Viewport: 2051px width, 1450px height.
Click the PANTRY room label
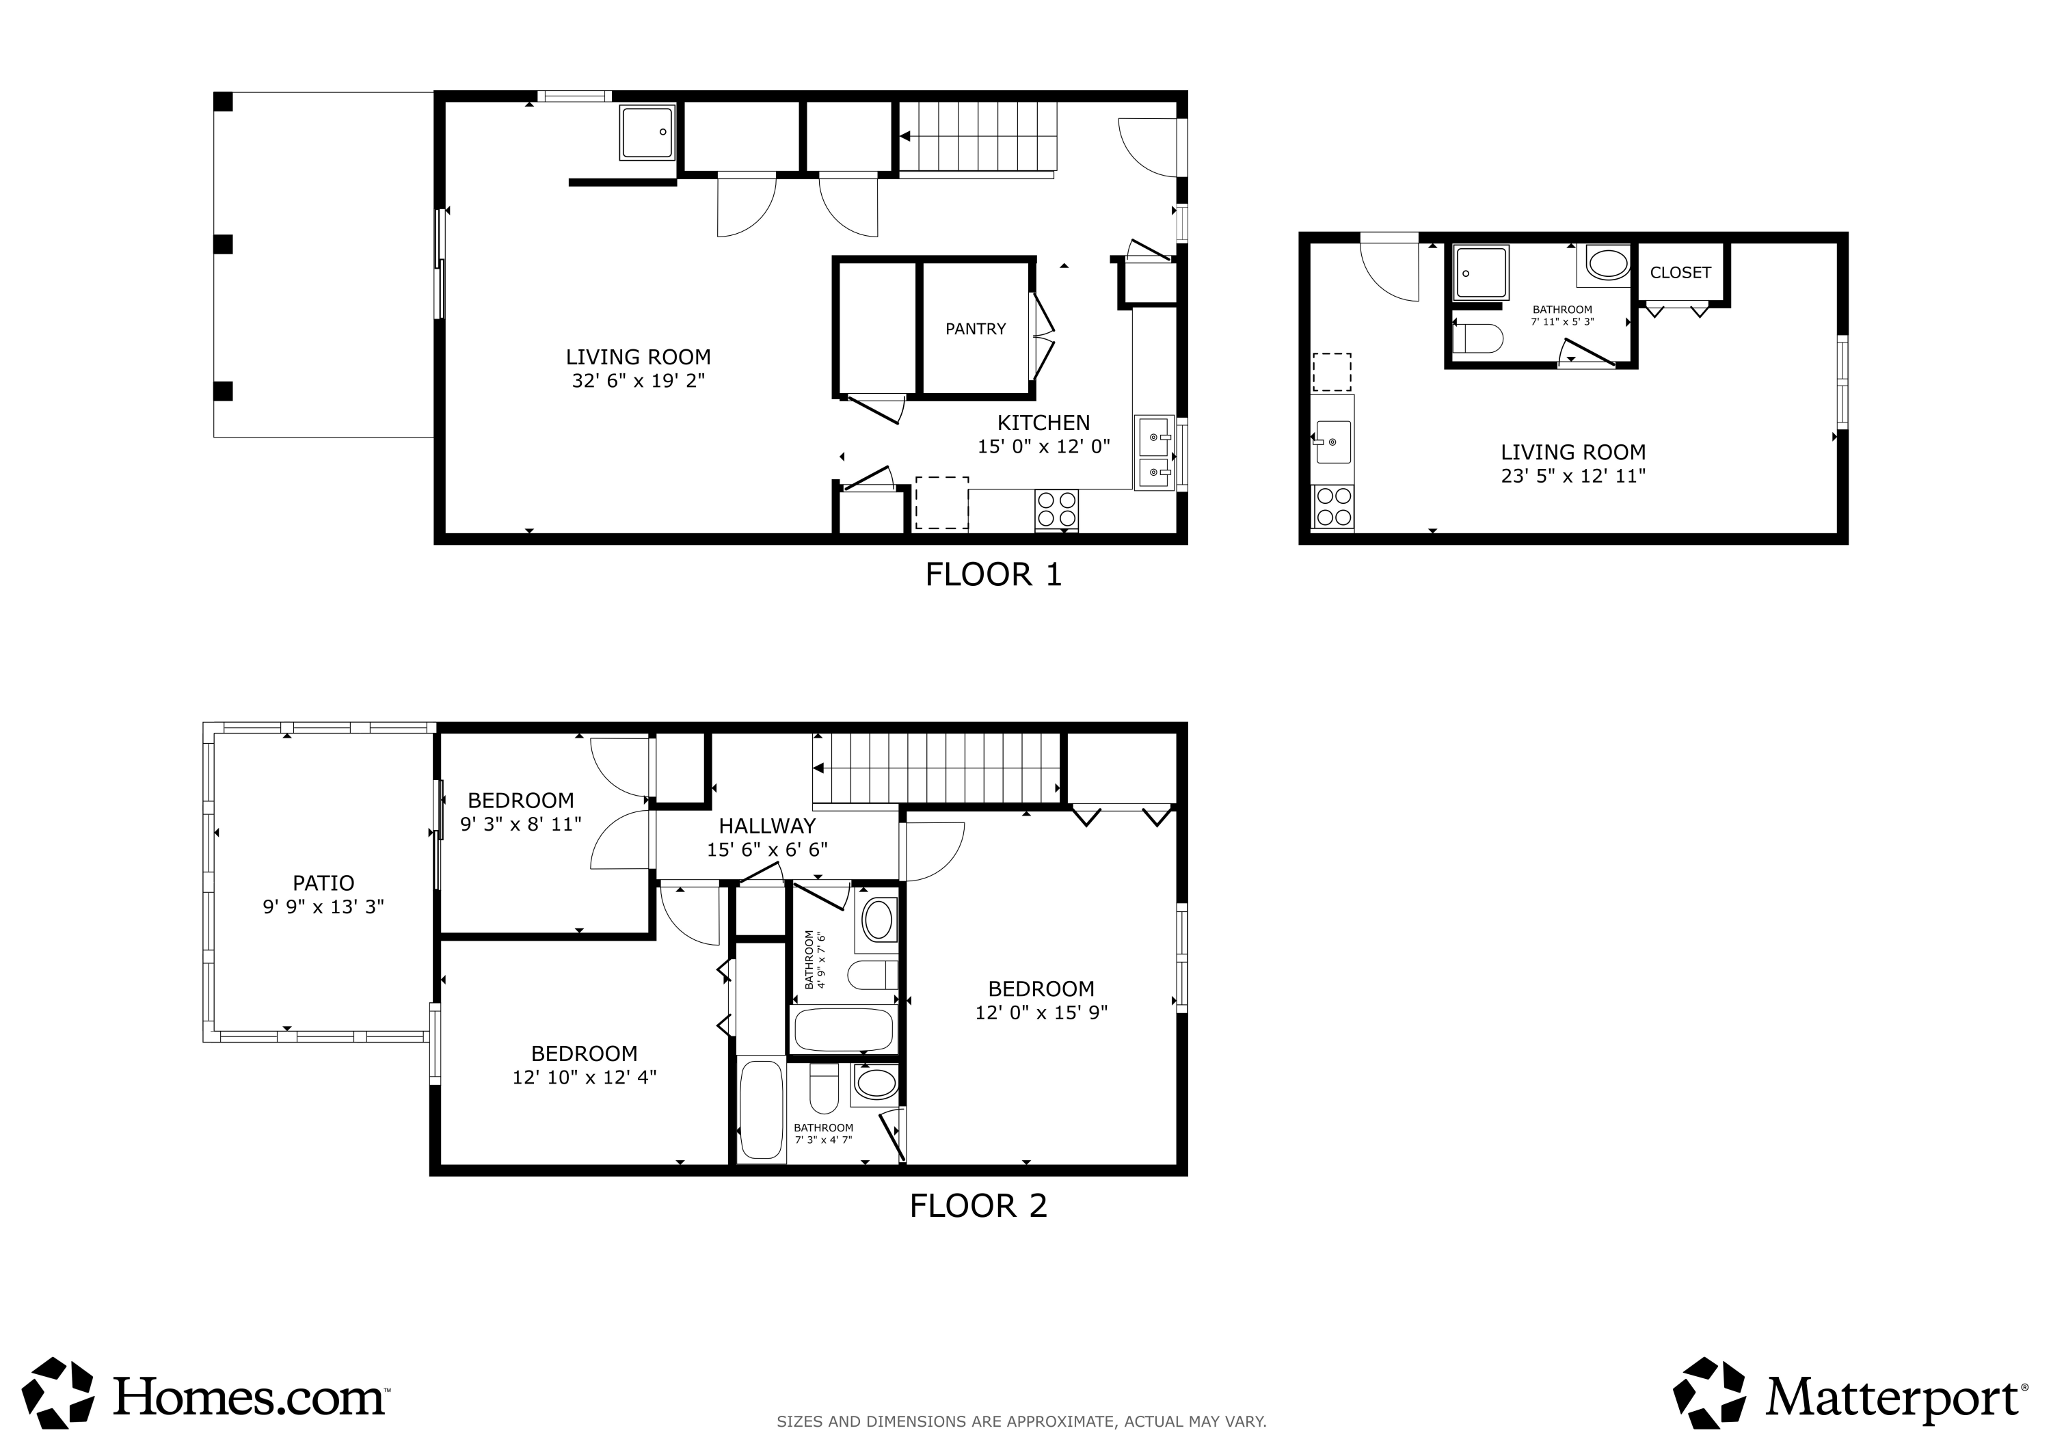[x=976, y=329]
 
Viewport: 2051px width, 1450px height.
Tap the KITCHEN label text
[x=1043, y=422]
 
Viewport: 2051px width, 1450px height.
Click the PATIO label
[x=323, y=883]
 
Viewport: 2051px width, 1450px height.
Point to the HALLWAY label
[x=767, y=826]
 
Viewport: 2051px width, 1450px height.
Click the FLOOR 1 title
[x=993, y=574]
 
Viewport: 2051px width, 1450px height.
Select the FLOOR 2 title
[x=978, y=1206]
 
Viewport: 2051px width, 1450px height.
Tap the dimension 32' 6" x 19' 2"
[x=639, y=381]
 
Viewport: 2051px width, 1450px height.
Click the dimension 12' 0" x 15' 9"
[x=1042, y=1013]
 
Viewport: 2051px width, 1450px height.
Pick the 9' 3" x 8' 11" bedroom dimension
[x=521, y=824]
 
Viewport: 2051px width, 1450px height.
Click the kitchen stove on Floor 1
[x=1057, y=509]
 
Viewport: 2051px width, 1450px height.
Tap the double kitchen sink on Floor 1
[x=1155, y=453]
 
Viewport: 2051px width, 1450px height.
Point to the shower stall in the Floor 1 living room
[x=647, y=132]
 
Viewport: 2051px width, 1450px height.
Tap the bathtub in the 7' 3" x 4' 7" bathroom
[x=762, y=1110]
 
